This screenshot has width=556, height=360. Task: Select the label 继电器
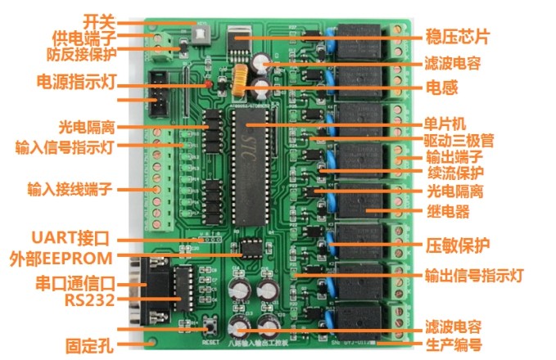[448, 211]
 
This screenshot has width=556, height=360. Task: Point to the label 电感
[441, 86]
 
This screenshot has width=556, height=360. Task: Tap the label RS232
[88, 299]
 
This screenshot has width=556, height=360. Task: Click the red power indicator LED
[209, 83]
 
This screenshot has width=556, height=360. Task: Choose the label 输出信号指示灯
[473, 275]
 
